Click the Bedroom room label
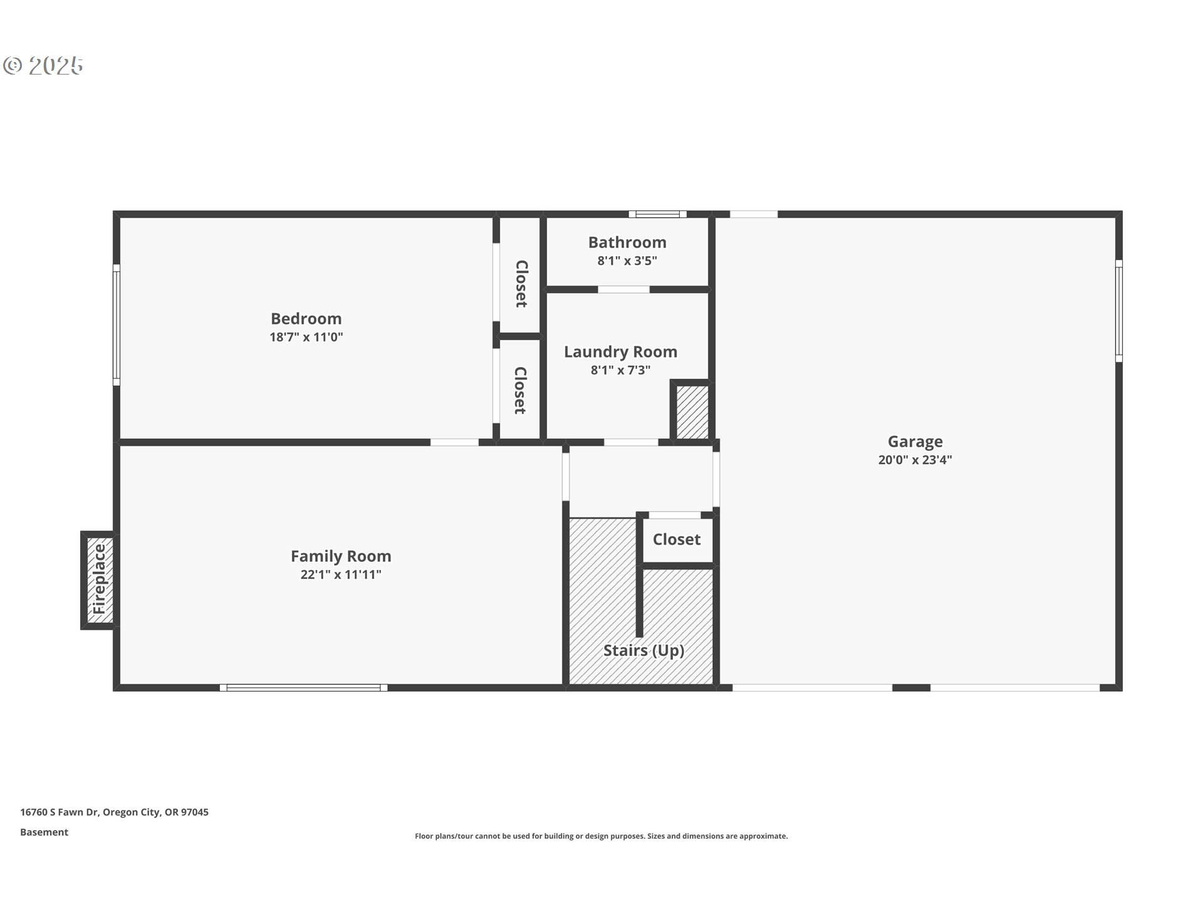(x=306, y=318)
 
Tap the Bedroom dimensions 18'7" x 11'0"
(x=306, y=337)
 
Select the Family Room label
(x=341, y=556)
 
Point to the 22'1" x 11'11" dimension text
(x=341, y=574)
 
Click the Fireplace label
(x=100, y=579)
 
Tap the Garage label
(x=915, y=442)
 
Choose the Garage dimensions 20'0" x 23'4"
(x=915, y=460)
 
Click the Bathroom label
(x=627, y=242)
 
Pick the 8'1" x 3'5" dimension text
(x=627, y=261)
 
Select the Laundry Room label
(x=620, y=352)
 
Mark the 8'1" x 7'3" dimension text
(x=620, y=370)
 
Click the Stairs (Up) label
(x=643, y=650)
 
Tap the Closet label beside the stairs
(x=677, y=539)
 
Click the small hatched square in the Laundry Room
(x=692, y=412)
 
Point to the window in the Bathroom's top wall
(x=658, y=214)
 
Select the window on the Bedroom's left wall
(x=117, y=324)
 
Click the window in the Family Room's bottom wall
(x=303, y=688)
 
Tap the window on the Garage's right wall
(x=1119, y=311)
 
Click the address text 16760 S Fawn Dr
(x=60, y=812)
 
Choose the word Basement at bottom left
(x=44, y=832)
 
